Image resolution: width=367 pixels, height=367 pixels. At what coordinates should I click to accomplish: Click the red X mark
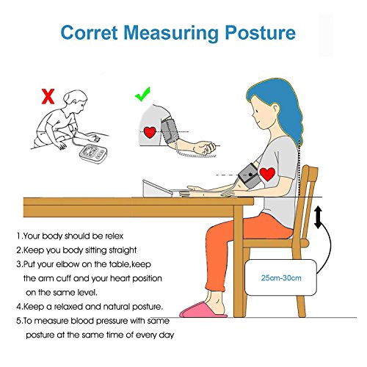point(48,97)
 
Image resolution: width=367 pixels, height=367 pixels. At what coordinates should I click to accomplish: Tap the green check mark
point(142,94)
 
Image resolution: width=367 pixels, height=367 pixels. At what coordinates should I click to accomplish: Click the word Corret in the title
point(89,32)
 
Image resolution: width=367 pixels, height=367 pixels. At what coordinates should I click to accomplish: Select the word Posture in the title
point(260,32)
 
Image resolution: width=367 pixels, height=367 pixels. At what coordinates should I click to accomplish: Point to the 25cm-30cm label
point(281,278)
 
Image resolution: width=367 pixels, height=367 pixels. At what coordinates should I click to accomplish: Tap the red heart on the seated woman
point(267,174)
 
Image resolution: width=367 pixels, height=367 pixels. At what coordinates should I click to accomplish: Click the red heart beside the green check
point(150,132)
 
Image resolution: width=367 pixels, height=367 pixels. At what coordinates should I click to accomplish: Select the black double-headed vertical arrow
point(318,217)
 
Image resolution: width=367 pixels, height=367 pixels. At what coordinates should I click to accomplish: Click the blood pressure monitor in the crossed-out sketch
point(93,154)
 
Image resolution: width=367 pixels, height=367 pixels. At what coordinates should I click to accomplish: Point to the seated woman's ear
point(275,109)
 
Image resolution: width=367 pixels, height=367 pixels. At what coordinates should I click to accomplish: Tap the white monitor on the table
point(157,189)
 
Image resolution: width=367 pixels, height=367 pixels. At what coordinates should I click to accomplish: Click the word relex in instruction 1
point(115,236)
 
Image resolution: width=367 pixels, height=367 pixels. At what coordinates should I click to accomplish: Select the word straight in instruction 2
point(123,250)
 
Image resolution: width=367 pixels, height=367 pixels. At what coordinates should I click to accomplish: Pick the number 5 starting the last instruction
point(19,321)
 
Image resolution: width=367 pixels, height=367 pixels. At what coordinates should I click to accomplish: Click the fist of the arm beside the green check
point(205,148)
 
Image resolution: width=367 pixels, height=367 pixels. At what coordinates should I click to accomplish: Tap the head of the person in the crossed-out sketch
point(75,101)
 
